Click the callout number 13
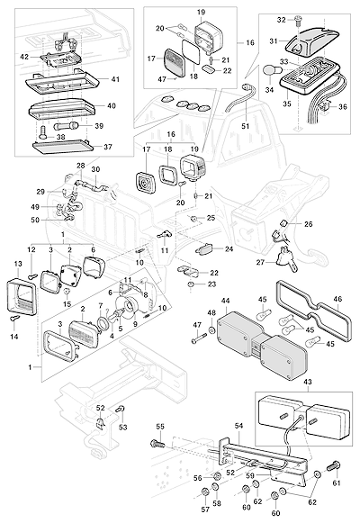pos(18,264)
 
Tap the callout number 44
pos(226,302)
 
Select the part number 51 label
pos(246,126)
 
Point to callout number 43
pos(308,382)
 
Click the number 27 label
pos(260,263)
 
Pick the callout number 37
pos(108,147)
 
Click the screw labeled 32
pos(297,22)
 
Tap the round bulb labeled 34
pos(270,71)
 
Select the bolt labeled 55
pos(157,444)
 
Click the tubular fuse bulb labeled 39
pos(65,126)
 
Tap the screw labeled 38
pos(43,132)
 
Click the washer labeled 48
pos(212,331)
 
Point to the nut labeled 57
pos(205,491)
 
